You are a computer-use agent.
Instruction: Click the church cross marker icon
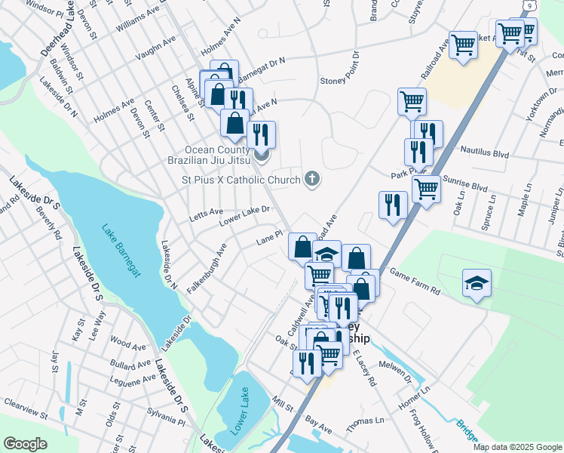pyautogui.click(x=311, y=180)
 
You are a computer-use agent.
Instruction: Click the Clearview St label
pyautogui.click(x=26, y=416)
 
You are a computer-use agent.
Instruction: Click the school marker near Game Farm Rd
pyautogui.click(x=477, y=284)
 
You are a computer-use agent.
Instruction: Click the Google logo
pyautogui.click(x=25, y=443)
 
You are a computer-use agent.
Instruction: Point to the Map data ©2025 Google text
pyautogui.click(x=516, y=447)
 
